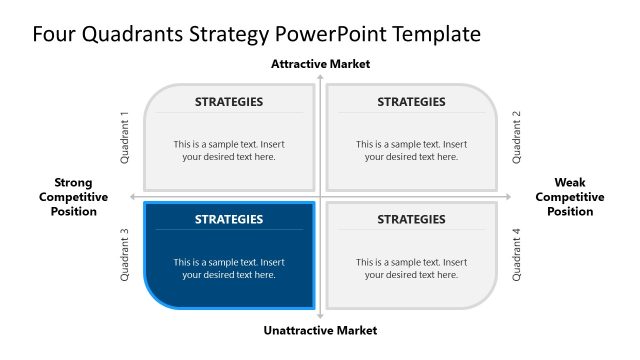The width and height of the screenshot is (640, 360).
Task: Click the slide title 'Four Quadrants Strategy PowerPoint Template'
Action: click(x=256, y=34)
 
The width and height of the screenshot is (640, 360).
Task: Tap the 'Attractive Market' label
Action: click(x=320, y=64)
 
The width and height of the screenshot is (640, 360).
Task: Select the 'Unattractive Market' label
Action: click(x=320, y=330)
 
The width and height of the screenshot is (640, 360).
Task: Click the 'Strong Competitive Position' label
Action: click(x=73, y=197)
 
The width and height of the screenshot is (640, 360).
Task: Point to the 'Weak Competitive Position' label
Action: click(x=569, y=197)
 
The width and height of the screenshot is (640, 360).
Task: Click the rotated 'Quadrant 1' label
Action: click(x=125, y=137)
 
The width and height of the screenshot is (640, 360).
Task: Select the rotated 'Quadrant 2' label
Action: click(x=517, y=137)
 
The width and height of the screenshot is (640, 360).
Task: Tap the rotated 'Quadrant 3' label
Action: click(x=125, y=255)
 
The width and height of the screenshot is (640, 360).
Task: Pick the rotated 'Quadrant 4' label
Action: click(x=517, y=255)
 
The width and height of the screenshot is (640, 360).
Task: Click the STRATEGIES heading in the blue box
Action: click(x=229, y=219)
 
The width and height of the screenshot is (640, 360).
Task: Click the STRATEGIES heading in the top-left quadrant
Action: click(x=229, y=101)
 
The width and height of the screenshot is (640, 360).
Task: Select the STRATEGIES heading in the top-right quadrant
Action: click(x=411, y=101)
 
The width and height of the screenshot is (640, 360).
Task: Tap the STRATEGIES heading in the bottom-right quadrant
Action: click(x=411, y=219)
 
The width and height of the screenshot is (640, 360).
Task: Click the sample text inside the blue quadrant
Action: click(x=229, y=268)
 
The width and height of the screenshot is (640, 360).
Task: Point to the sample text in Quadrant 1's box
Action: click(x=229, y=150)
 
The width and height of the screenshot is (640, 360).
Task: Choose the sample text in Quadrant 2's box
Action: click(x=411, y=150)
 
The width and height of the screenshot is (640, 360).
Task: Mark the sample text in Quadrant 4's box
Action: click(x=411, y=268)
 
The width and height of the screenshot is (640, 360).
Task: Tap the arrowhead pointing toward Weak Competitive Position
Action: click(x=509, y=196)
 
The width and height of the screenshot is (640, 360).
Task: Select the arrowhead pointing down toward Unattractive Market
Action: click(x=320, y=317)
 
